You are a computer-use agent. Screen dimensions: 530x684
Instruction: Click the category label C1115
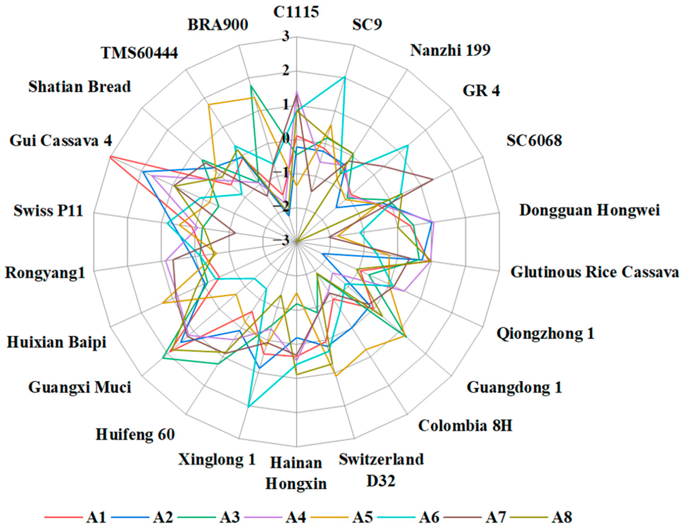tap(296, 12)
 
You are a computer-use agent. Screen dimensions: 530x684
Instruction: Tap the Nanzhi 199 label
tap(450, 50)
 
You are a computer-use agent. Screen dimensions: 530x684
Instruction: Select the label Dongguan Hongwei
tap(589, 210)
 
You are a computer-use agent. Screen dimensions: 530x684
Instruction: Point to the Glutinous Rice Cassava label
tap(595, 272)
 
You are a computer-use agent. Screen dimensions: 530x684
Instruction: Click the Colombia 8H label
tap(465, 425)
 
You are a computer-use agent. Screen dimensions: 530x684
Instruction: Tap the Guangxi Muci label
tap(80, 387)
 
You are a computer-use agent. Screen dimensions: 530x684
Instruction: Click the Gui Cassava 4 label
tap(60, 141)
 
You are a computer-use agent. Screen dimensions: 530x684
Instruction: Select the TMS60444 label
tap(139, 53)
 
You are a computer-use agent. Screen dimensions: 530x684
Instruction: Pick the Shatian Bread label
tap(80, 87)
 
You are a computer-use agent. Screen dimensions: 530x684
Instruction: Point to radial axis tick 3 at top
tap(285, 37)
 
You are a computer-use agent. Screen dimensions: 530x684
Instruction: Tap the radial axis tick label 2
tap(285, 71)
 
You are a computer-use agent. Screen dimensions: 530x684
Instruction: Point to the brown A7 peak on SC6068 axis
tap(433, 179)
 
